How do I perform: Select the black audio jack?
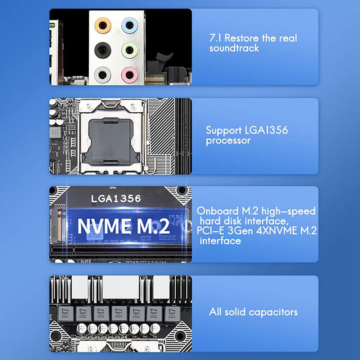[103, 50]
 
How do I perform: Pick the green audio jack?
[129, 50]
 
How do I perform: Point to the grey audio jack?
[103, 75]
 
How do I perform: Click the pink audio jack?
[129, 75]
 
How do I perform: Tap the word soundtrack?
[234, 48]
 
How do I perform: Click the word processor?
[228, 140]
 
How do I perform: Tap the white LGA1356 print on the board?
[116, 198]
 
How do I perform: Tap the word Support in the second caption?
[224, 130]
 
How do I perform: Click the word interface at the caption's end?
[220, 241]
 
